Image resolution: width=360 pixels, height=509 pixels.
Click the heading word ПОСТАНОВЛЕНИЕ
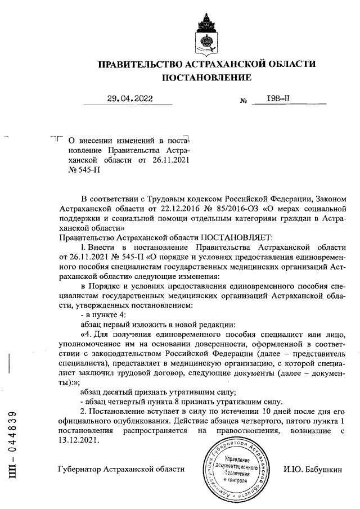(206, 78)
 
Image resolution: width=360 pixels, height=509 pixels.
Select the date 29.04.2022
(130, 100)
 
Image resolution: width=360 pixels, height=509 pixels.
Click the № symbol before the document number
(244, 102)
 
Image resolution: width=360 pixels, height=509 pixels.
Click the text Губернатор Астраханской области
(121, 469)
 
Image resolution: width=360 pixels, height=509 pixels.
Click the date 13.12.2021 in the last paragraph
(79, 441)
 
